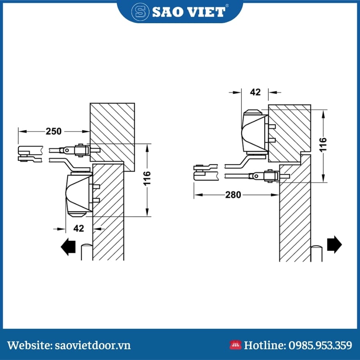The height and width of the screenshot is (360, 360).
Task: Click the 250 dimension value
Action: [54, 131]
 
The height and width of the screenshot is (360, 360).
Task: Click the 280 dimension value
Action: [233, 195]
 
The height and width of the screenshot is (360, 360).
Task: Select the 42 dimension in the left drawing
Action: [79, 228]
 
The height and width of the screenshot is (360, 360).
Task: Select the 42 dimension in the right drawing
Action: [255, 92]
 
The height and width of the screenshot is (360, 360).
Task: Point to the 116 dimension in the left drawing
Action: [147, 178]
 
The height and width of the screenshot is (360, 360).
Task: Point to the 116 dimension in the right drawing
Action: [323, 145]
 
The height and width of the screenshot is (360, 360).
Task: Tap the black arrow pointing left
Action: [68, 247]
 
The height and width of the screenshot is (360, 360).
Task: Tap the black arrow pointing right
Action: [334, 244]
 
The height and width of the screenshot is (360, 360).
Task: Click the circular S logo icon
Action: [140, 12]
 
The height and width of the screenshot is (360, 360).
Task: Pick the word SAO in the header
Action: [170, 12]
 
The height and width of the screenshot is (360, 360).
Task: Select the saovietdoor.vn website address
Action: [93, 346]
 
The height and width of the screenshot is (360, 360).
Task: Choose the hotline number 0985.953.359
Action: [320, 346]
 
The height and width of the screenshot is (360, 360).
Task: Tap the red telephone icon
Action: [235, 345]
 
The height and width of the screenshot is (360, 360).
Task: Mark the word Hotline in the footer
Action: [265, 346]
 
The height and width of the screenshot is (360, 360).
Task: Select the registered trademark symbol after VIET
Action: [227, 6]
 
